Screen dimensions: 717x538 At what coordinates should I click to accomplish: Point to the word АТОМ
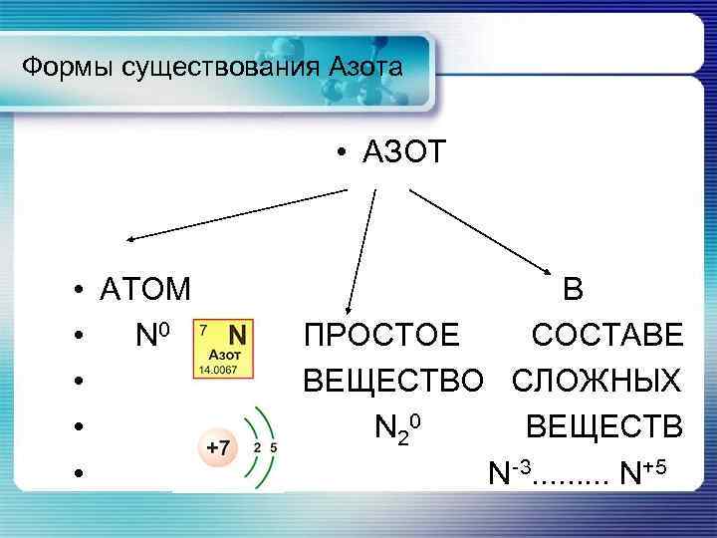coord(145,289)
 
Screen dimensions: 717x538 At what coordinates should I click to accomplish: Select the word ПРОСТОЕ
coord(382,336)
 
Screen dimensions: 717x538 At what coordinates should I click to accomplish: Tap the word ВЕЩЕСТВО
coord(393,382)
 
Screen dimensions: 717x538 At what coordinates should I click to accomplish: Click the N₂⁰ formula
coord(401,429)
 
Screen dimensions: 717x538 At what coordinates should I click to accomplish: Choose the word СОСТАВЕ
coord(608,336)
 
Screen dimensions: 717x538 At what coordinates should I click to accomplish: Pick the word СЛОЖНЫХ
coord(598,382)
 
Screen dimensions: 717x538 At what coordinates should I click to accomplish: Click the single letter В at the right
coord(574,289)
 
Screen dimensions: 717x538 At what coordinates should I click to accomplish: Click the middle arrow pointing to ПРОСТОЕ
coord(360,249)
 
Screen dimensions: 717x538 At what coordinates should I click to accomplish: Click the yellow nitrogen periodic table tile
coord(225,348)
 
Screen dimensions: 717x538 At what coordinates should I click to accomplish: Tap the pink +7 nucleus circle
coord(217,449)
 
